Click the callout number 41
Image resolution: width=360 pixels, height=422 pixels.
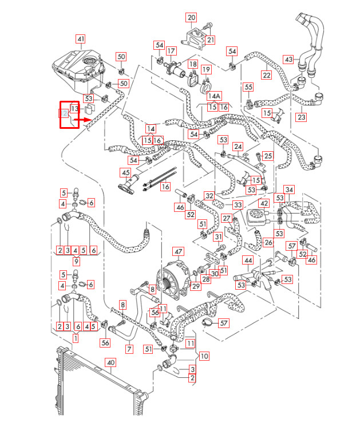click(81, 39)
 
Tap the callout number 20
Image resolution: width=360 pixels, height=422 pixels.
click(191, 18)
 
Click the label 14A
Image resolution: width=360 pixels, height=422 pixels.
click(214, 96)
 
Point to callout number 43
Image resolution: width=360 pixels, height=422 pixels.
click(288, 60)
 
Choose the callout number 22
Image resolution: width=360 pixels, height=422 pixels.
click(267, 75)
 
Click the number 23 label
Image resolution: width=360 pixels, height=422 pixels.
click(302, 117)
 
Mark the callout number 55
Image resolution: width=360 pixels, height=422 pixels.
click(248, 87)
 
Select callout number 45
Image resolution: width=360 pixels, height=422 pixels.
click(125, 172)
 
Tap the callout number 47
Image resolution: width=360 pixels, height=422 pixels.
click(179, 251)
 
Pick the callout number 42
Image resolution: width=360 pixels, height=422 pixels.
click(263, 203)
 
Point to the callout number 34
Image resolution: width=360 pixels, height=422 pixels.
click(290, 190)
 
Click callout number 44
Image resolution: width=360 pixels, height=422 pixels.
click(248, 261)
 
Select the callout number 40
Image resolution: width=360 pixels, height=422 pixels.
click(111, 362)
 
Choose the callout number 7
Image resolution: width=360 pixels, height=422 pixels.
click(129, 349)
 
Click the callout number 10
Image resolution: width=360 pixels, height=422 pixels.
click(204, 356)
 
